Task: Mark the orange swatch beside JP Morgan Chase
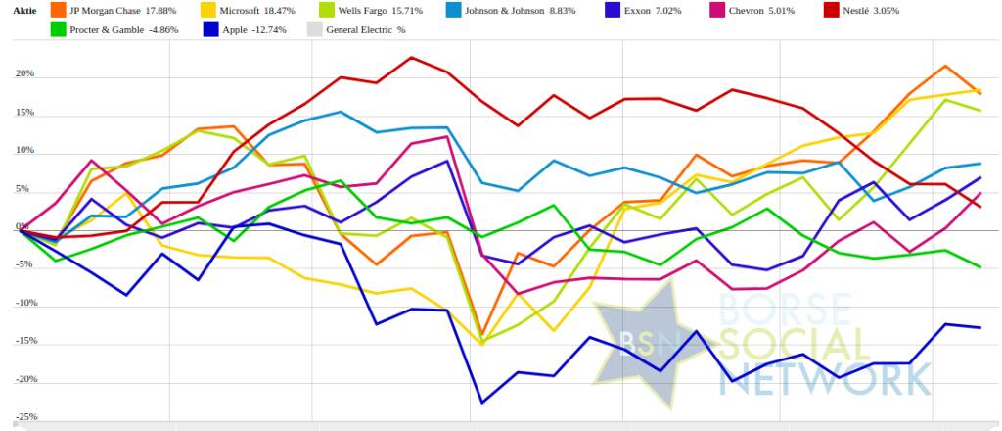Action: click(x=59, y=10)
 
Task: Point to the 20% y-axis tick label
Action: click(x=24, y=74)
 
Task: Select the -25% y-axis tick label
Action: click(x=23, y=417)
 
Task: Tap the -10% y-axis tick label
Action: click(x=23, y=304)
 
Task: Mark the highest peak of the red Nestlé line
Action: click(x=411, y=58)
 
